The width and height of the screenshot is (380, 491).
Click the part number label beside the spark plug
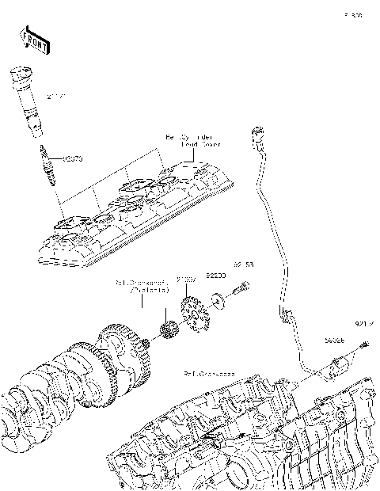(72, 158)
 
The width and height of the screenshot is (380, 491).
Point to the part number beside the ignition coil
(55, 97)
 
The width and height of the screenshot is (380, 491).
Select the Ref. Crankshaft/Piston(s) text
(142, 285)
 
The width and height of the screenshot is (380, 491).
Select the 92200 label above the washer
(216, 275)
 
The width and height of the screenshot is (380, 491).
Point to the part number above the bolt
(242, 265)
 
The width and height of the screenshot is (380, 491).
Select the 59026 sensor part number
(332, 340)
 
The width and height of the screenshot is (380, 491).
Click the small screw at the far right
(366, 344)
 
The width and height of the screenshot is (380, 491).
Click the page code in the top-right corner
(352, 15)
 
